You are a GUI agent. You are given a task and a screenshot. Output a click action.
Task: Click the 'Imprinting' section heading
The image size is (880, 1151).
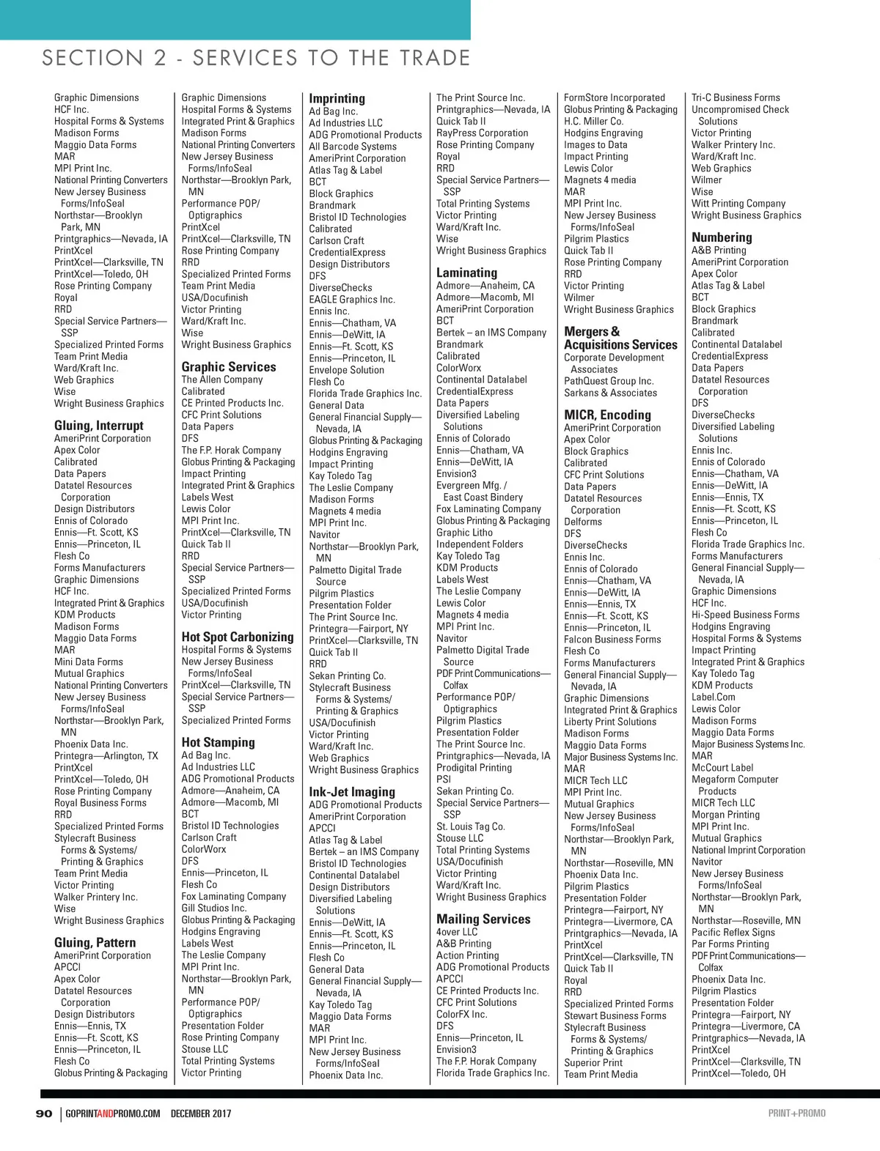[337, 98]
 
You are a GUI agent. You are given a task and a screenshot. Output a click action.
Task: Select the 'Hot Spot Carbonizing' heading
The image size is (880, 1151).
[238, 637]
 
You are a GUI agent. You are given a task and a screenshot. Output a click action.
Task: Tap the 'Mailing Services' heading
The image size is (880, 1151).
[483, 919]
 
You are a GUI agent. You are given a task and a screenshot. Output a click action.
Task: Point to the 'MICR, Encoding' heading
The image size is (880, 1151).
[607, 415]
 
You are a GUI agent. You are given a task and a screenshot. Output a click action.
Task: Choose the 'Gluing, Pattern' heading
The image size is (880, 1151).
[95, 942]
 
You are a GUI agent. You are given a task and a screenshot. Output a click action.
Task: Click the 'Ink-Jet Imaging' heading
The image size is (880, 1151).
[352, 791]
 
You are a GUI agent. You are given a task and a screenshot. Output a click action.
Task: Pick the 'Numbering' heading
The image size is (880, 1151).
[722, 237]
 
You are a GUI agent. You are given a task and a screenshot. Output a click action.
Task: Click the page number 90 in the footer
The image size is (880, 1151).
[44, 1114]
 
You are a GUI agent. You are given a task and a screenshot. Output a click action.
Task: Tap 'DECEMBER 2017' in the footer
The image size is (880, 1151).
[201, 1114]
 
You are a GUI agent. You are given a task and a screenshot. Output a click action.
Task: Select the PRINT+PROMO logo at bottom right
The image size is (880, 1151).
[796, 1114]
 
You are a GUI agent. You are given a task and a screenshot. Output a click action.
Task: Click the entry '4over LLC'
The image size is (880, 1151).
[457, 932]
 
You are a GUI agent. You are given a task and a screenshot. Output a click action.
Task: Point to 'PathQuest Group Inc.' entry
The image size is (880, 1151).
[609, 381]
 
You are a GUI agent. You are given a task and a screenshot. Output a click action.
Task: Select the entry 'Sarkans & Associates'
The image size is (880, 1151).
[610, 393]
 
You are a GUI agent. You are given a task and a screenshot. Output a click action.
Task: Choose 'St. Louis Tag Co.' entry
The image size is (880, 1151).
[471, 826]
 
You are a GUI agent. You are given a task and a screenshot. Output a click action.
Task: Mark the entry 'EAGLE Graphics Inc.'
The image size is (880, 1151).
[352, 299]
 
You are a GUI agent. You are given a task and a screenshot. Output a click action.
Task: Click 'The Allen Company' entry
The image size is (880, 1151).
[222, 380]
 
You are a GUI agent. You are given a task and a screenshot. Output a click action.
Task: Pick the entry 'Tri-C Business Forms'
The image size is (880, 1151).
[736, 97]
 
